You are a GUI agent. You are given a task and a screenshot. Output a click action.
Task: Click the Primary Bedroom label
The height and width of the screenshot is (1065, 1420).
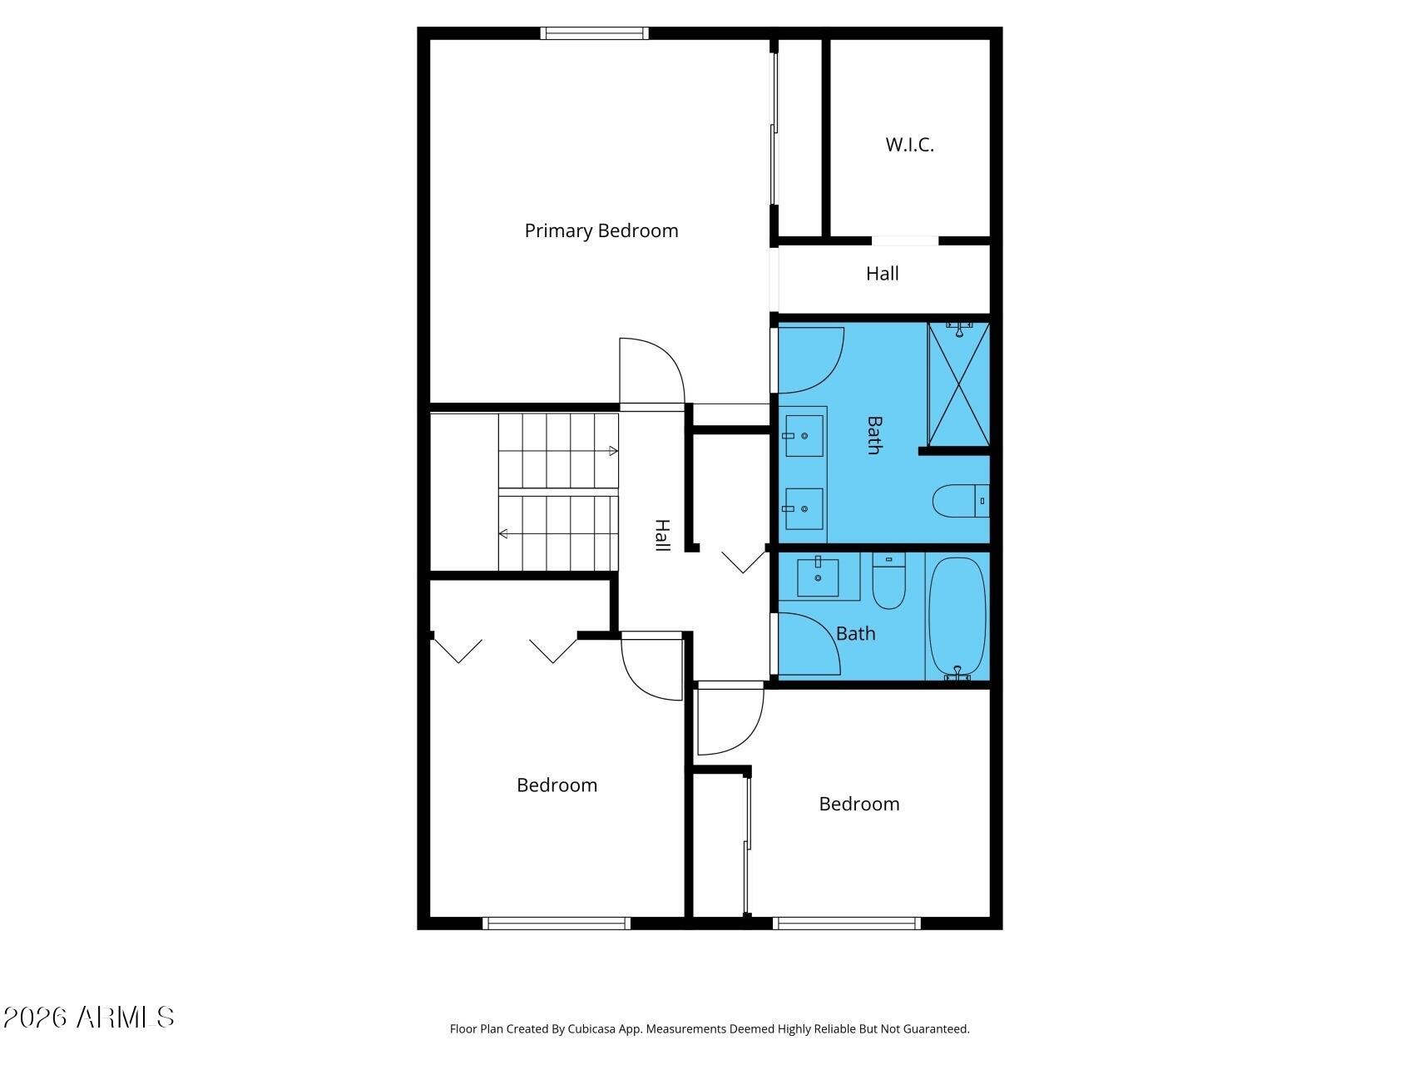pos(601,230)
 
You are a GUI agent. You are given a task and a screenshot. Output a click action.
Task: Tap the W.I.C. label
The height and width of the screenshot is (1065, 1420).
pos(909,145)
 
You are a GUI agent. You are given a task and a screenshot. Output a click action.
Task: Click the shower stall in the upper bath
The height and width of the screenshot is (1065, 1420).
pos(959,385)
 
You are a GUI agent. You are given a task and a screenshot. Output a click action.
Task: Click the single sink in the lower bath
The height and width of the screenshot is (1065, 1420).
pos(818,577)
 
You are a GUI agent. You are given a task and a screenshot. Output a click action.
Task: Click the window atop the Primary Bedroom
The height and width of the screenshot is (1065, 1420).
pos(594,33)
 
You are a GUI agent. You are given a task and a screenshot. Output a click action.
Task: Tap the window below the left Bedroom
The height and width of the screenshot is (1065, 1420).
pos(557,923)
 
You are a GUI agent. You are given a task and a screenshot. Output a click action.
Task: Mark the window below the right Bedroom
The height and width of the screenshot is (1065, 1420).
pos(847,923)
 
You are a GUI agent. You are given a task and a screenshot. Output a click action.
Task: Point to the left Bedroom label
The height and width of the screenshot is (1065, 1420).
pos(557,785)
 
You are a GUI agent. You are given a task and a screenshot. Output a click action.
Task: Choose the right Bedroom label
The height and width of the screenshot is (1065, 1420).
pos(859,804)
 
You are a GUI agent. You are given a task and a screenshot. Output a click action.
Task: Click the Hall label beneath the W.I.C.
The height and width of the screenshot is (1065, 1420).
pos(883,274)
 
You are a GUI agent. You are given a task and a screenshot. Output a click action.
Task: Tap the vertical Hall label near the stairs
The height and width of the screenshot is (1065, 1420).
pos(662,535)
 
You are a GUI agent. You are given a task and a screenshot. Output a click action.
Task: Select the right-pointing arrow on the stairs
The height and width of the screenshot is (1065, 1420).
pos(558,451)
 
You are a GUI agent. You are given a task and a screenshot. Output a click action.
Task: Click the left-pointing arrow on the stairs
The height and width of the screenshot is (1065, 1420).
pos(558,533)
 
